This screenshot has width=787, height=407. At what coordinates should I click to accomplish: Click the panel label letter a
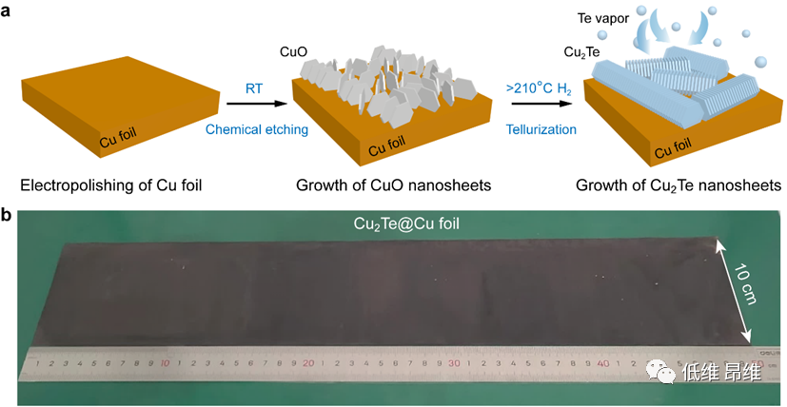[6, 11]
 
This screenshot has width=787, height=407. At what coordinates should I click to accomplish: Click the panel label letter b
[7, 216]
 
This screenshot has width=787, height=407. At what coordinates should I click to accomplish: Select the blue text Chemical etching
[256, 130]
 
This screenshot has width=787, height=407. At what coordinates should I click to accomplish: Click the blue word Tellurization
[541, 130]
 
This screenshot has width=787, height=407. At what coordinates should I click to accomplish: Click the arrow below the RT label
[257, 104]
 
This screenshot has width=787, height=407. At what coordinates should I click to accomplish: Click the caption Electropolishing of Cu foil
[111, 185]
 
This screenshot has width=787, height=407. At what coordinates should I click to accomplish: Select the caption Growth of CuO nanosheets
[394, 185]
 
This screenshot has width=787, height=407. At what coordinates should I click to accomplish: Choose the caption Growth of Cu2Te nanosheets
[679, 186]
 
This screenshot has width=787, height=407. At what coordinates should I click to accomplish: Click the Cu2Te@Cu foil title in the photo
[406, 223]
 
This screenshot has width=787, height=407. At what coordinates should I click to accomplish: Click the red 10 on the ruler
[165, 363]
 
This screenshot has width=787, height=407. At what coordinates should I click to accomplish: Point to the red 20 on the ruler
[308, 363]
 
